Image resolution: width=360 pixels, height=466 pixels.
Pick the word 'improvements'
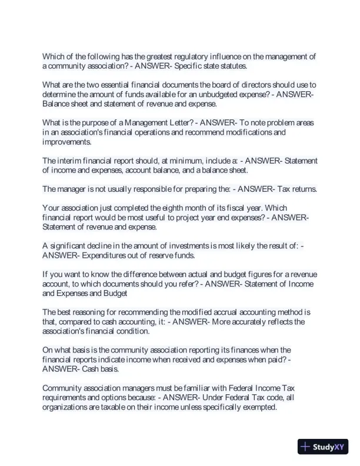pos(66,142)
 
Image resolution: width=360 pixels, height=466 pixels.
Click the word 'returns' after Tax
pos(302,189)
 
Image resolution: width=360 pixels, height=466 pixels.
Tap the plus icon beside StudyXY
pos(305,447)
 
